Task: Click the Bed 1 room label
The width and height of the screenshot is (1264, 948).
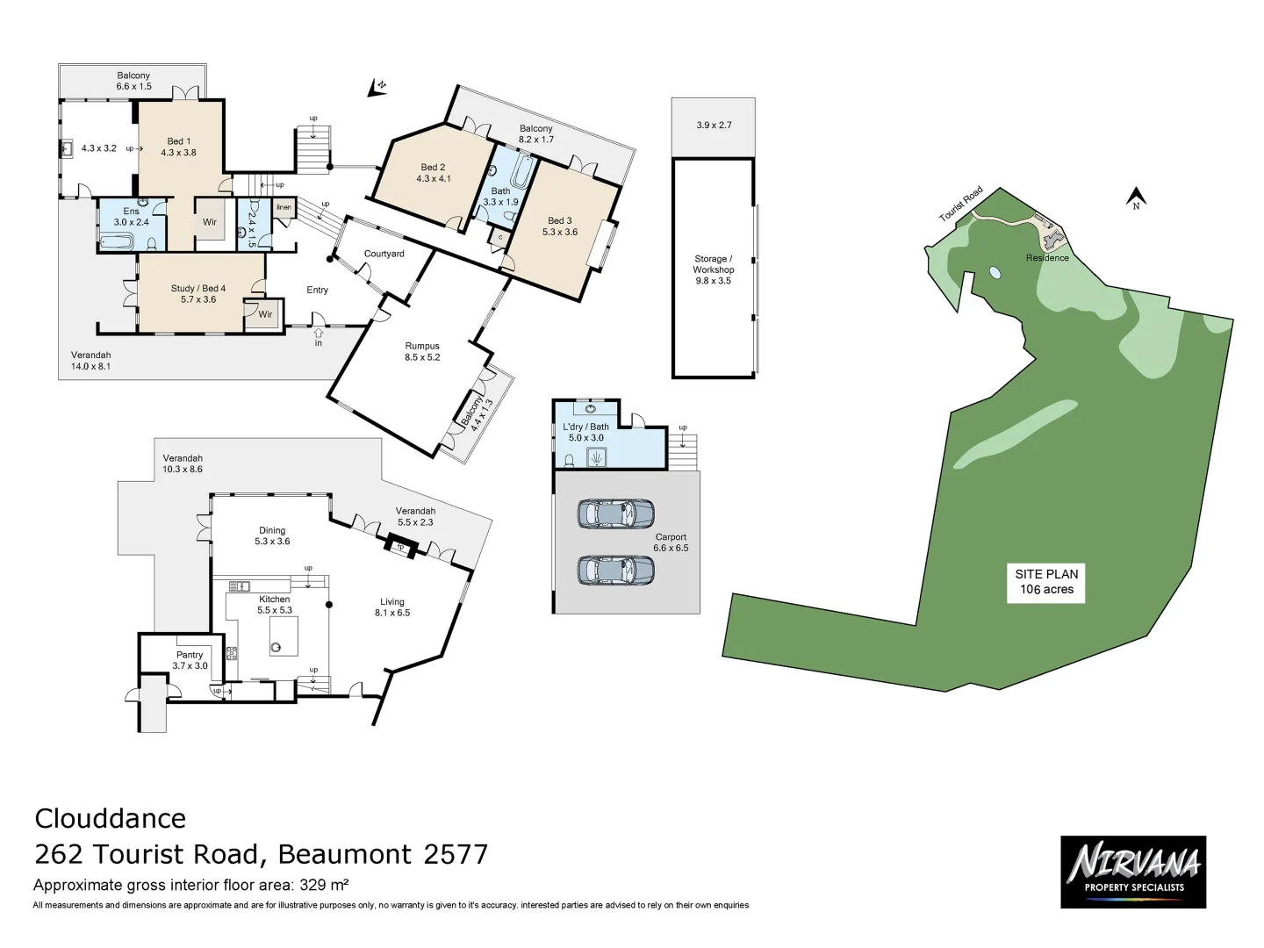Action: click(178, 147)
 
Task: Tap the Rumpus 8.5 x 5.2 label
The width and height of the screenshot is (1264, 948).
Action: click(422, 351)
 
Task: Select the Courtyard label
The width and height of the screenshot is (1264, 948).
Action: click(384, 254)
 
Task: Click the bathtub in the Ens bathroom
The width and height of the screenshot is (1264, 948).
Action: click(116, 241)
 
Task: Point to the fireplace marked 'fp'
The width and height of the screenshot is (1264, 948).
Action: click(401, 547)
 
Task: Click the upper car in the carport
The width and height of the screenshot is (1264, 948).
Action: click(615, 513)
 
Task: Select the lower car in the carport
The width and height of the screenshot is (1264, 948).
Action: click(615, 570)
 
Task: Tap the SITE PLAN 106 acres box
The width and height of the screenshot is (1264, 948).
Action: click(1045, 582)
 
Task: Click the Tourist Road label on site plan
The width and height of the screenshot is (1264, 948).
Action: click(960, 205)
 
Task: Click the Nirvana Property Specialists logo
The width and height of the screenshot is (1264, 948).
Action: click(1132, 871)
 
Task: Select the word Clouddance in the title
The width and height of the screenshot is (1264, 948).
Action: click(111, 818)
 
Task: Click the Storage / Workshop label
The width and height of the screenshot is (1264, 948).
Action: click(713, 269)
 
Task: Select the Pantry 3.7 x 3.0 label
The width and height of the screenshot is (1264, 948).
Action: click(190, 660)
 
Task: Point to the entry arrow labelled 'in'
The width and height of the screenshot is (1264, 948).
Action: click(318, 334)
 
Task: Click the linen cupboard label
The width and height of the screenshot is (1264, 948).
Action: click(284, 208)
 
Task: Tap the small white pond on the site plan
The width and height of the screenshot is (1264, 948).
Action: click(995, 272)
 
